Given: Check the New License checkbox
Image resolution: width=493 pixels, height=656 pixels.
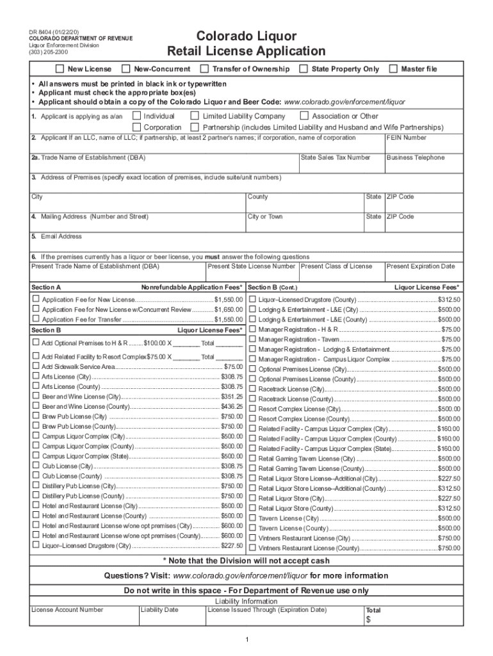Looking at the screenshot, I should pos(60,69).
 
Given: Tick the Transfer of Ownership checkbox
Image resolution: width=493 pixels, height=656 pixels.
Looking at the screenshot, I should pos(204,69).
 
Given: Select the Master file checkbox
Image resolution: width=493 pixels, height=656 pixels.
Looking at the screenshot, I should pos(393,69).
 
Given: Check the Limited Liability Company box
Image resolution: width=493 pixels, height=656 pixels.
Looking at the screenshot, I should pos(195,116).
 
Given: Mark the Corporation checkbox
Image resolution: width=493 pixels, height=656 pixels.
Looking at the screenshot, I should pos(136,127).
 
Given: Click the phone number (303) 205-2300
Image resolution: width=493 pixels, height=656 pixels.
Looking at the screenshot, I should pos(47,53).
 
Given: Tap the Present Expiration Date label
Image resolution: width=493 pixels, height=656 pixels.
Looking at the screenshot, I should pos(421,266).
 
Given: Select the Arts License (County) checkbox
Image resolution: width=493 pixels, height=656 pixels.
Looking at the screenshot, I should pos(36,387).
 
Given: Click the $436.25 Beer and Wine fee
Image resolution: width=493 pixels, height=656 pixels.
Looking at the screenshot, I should pos(232,407).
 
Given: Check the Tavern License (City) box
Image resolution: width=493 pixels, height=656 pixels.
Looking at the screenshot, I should pos(253,518).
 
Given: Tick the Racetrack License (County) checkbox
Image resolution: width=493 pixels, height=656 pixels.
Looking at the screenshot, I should pos(253,398).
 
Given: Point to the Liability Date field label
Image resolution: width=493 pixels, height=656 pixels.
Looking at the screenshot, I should pos(160,610).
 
